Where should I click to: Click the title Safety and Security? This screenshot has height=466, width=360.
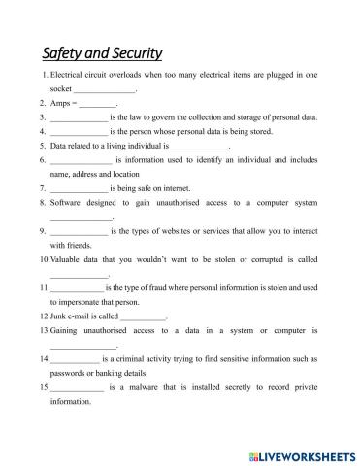click(x=102, y=52)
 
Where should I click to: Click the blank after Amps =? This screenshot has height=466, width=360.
click(x=97, y=102)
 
